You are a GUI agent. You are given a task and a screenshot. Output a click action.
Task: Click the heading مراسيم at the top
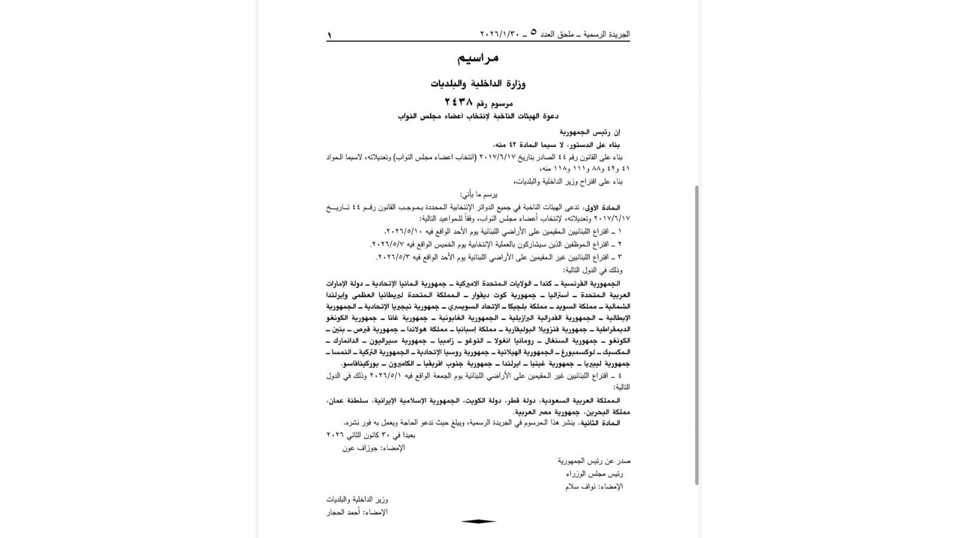(478, 58)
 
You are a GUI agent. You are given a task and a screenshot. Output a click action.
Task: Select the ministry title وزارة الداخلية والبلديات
(478, 84)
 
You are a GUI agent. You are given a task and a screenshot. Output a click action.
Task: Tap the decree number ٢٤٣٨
(458, 102)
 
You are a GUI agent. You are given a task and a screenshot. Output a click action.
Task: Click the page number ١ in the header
(329, 35)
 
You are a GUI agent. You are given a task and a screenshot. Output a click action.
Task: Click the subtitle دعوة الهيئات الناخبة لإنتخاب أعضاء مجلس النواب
(478, 117)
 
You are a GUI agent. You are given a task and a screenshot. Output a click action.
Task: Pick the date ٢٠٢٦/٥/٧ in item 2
(389, 244)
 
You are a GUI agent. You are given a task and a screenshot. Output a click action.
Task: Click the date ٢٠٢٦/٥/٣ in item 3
(395, 257)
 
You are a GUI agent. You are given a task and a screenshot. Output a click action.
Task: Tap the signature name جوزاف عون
(356, 448)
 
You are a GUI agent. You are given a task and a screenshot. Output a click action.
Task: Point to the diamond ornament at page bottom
(478, 521)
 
